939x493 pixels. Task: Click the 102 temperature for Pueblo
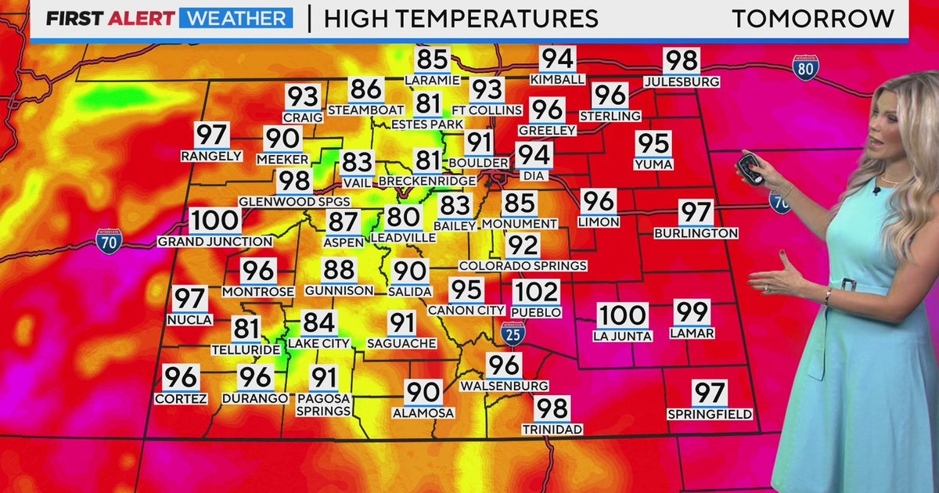click(537, 293)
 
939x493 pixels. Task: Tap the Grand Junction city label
click(214, 242)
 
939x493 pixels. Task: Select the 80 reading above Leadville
click(403, 218)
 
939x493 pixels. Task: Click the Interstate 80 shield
click(805, 68)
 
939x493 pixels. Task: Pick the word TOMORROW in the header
click(813, 18)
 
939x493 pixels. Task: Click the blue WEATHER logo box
click(236, 18)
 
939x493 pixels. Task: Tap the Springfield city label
click(710, 414)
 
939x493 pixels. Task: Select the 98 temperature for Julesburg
click(681, 61)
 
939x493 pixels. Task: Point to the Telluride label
click(246, 350)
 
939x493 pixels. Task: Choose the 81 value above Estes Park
click(428, 104)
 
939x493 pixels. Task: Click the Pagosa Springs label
click(323, 405)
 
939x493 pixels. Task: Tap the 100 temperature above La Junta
click(623, 316)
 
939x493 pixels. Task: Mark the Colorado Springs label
click(523, 266)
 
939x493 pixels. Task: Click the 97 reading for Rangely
click(211, 135)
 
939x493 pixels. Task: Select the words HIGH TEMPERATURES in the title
click(461, 18)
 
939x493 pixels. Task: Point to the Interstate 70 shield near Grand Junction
click(108, 239)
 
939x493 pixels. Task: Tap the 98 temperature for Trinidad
click(552, 408)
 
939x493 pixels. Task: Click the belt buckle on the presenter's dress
click(847, 284)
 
